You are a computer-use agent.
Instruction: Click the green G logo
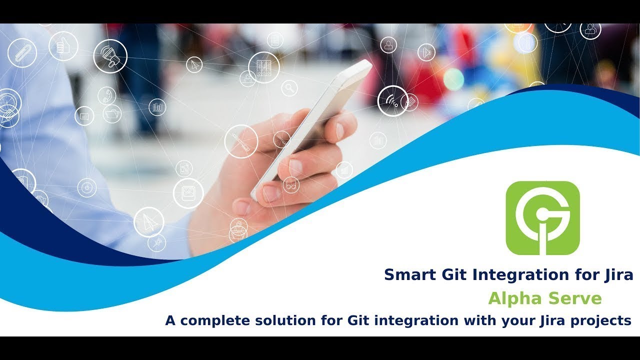coord(542,218)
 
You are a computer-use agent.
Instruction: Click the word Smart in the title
coord(406,274)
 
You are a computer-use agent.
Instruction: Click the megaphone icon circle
coord(110,56)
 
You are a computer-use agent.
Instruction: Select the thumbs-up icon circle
coord(63,46)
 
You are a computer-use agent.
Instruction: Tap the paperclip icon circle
coord(22,53)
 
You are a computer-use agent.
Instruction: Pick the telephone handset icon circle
coord(106,95)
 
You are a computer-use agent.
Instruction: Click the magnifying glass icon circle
coord(289,88)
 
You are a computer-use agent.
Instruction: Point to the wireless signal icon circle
coord(392,100)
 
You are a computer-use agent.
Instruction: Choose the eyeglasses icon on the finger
coord(291,185)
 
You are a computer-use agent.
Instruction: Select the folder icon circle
coord(112,113)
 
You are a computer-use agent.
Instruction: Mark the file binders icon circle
coord(263,67)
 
